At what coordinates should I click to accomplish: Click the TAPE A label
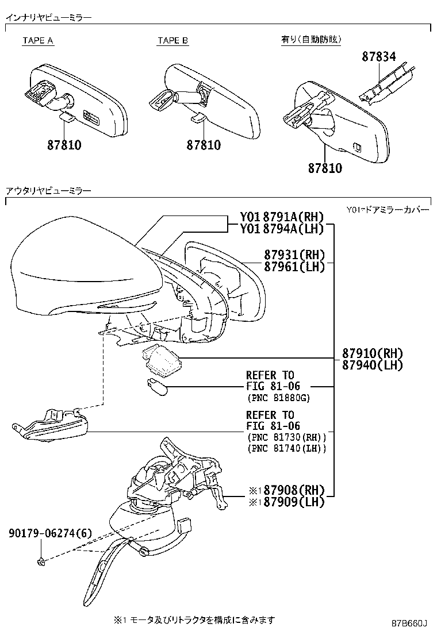(x=38, y=41)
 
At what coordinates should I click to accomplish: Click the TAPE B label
(x=172, y=41)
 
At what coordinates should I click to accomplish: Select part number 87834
(x=379, y=57)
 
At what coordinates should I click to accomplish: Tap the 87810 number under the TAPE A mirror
(x=64, y=145)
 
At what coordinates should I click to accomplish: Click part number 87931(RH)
(x=294, y=255)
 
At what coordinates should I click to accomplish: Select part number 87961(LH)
(x=294, y=266)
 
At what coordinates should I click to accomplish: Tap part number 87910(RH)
(x=373, y=353)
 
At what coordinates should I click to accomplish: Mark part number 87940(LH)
(x=373, y=365)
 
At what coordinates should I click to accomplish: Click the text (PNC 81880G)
(x=278, y=398)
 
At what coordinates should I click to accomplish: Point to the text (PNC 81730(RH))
(x=286, y=437)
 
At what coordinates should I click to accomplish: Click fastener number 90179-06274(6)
(x=50, y=534)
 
